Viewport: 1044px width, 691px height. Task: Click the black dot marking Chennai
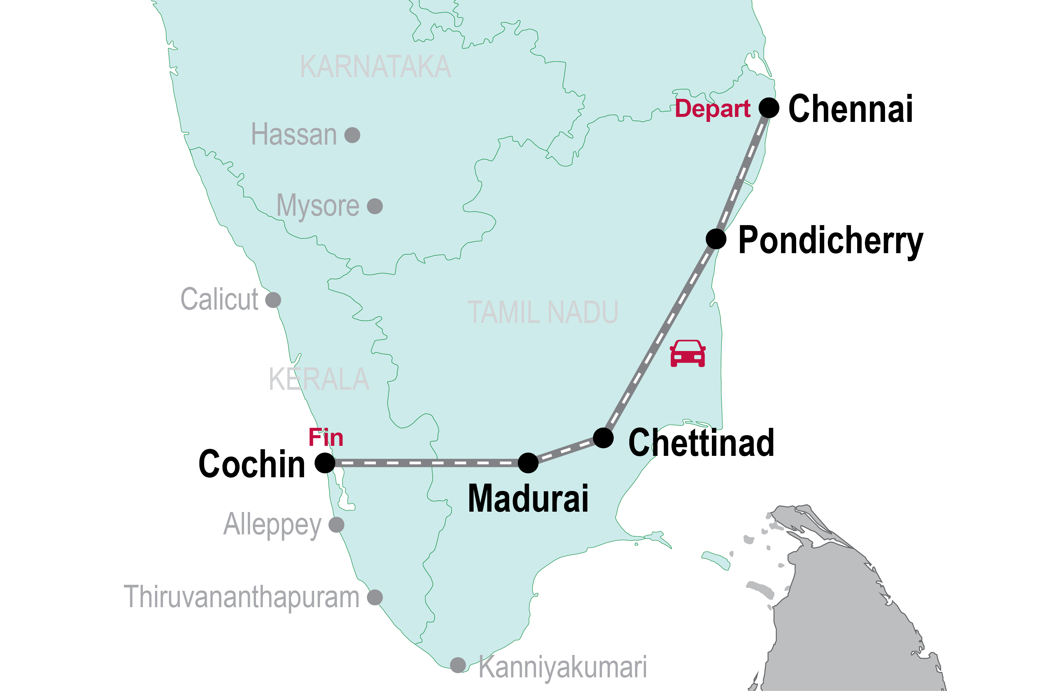coord(769,108)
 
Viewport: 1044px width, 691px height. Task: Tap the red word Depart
coord(713,109)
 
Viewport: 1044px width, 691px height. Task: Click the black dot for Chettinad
coord(603,438)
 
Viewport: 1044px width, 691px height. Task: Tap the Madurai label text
coord(528,498)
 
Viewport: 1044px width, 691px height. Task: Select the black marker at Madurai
coord(528,463)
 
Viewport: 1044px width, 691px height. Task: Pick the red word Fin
coord(326,438)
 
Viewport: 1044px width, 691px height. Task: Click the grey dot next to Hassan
coord(352,135)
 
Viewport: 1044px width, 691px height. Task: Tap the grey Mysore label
coord(318,206)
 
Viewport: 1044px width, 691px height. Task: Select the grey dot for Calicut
coord(273,300)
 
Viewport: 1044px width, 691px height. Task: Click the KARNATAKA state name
coord(376,67)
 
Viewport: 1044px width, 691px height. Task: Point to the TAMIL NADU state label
coord(543,313)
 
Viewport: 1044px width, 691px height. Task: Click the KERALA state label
coord(319,379)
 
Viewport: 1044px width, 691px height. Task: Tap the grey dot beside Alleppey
coord(336,525)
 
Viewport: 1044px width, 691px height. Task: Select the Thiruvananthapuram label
coord(242,597)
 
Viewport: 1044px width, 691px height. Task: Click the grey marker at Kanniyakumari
coord(458,665)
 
